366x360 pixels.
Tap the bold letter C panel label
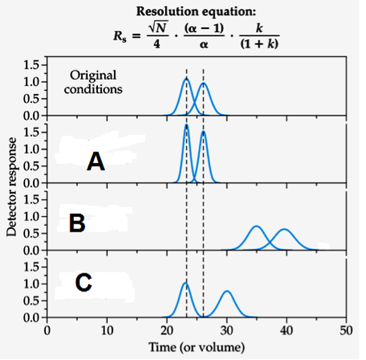coord(83,283)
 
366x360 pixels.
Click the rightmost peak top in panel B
coord(285,230)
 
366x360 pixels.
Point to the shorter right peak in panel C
coord(227,292)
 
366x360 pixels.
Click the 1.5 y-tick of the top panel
coord(30,64)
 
